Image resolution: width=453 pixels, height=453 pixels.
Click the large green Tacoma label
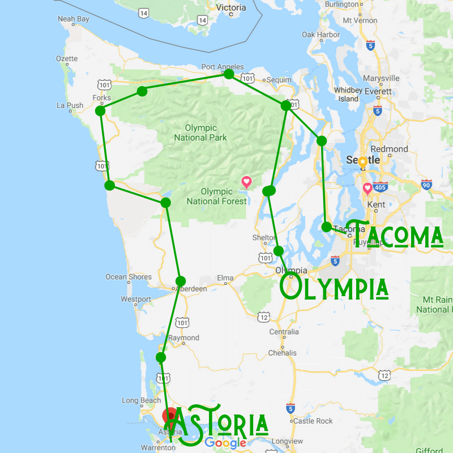(x=394, y=234)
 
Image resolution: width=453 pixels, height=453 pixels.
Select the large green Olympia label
(x=335, y=287)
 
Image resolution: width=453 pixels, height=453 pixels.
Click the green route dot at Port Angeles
(x=229, y=74)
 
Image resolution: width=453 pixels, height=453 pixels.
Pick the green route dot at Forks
(x=100, y=111)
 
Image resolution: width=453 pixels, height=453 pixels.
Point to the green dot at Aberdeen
(x=181, y=281)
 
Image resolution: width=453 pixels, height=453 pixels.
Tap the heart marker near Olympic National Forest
(x=246, y=182)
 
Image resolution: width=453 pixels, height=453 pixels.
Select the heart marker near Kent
(x=367, y=188)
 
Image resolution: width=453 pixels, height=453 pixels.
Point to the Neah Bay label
(x=74, y=19)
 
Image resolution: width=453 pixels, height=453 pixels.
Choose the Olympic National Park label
(x=200, y=133)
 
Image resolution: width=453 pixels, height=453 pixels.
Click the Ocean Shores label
(x=129, y=277)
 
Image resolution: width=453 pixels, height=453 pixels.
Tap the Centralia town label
(x=284, y=331)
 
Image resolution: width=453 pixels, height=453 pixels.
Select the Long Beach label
(x=142, y=401)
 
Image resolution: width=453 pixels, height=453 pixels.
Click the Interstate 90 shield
(x=426, y=185)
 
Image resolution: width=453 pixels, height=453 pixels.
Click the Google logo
(x=225, y=443)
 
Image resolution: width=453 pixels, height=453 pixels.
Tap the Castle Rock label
(x=313, y=421)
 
